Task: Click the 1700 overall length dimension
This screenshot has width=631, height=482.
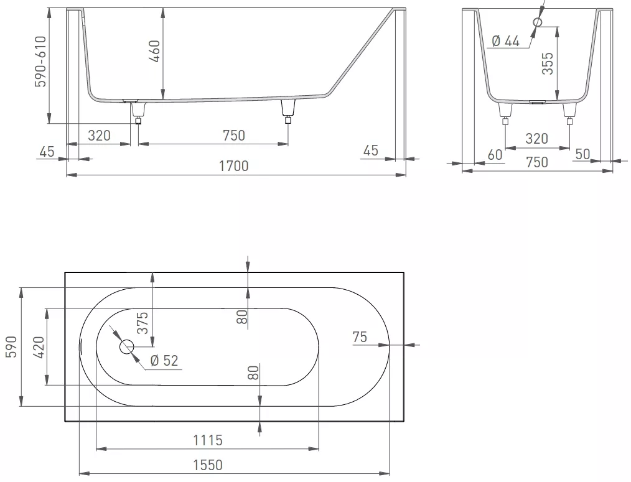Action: [234, 165]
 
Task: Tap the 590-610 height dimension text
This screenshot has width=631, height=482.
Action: [40, 62]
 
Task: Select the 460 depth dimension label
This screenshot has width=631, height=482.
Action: [154, 51]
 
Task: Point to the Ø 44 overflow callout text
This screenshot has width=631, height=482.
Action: [506, 40]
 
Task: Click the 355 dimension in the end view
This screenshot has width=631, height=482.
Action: [548, 63]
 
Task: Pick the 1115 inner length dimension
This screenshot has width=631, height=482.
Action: [208, 440]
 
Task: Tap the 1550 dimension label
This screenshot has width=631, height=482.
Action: [208, 465]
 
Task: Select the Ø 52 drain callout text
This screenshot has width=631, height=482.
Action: [164, 361]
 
